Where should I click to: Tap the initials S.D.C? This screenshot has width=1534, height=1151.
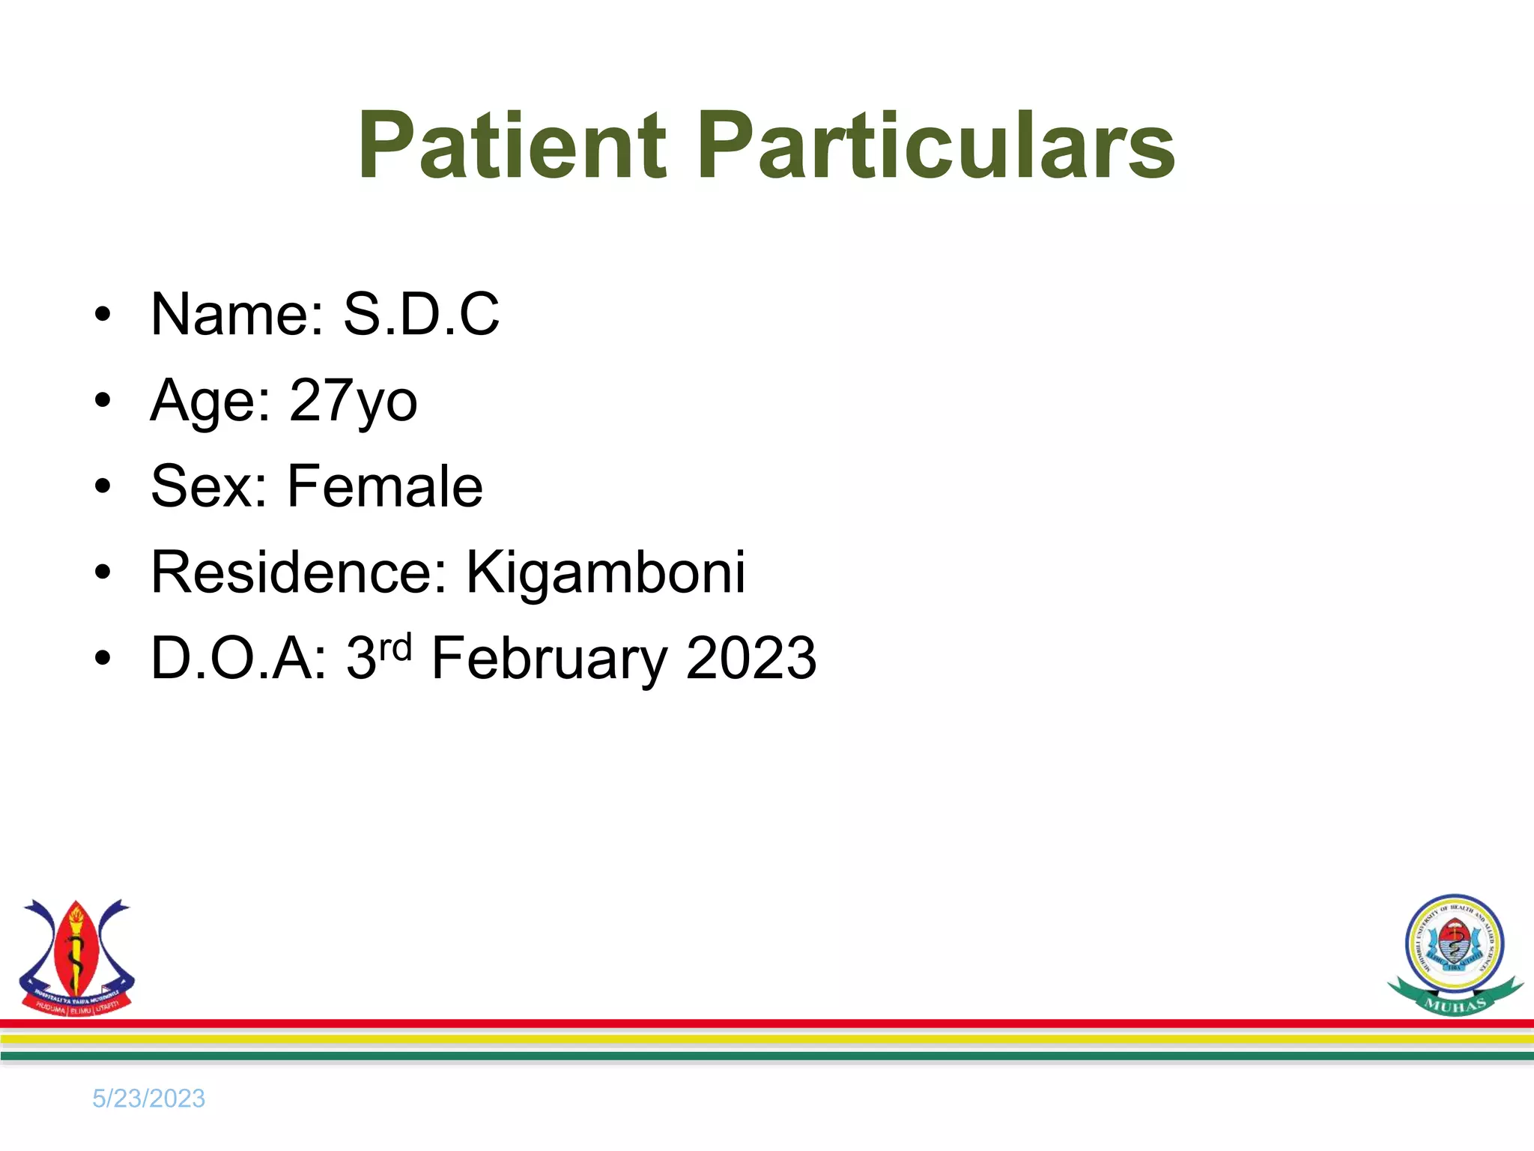point(421,314)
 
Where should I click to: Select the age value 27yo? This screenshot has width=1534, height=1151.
point(353,401)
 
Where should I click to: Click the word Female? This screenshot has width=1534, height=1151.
point(385,486)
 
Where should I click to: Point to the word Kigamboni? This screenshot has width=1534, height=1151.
point(605,573)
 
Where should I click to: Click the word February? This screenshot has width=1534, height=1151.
point(549,659)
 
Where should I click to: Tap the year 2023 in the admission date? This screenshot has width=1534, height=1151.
point(751,659)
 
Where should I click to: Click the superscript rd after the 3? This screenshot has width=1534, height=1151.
point(395,646)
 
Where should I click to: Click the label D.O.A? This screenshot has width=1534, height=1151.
point(239,659)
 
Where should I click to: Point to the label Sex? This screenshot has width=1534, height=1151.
point(209,486)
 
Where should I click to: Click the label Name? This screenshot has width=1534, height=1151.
point(237,314)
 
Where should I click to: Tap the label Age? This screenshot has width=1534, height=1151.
point(210,401)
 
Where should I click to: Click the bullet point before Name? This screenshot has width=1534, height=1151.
point(103,315)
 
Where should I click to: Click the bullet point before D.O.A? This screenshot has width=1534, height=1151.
point(103,659)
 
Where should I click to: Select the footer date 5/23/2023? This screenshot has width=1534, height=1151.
point(148,1099)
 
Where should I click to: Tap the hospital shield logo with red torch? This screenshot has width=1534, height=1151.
point(76,958)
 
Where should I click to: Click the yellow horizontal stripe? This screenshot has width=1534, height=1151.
point(767,1039)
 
